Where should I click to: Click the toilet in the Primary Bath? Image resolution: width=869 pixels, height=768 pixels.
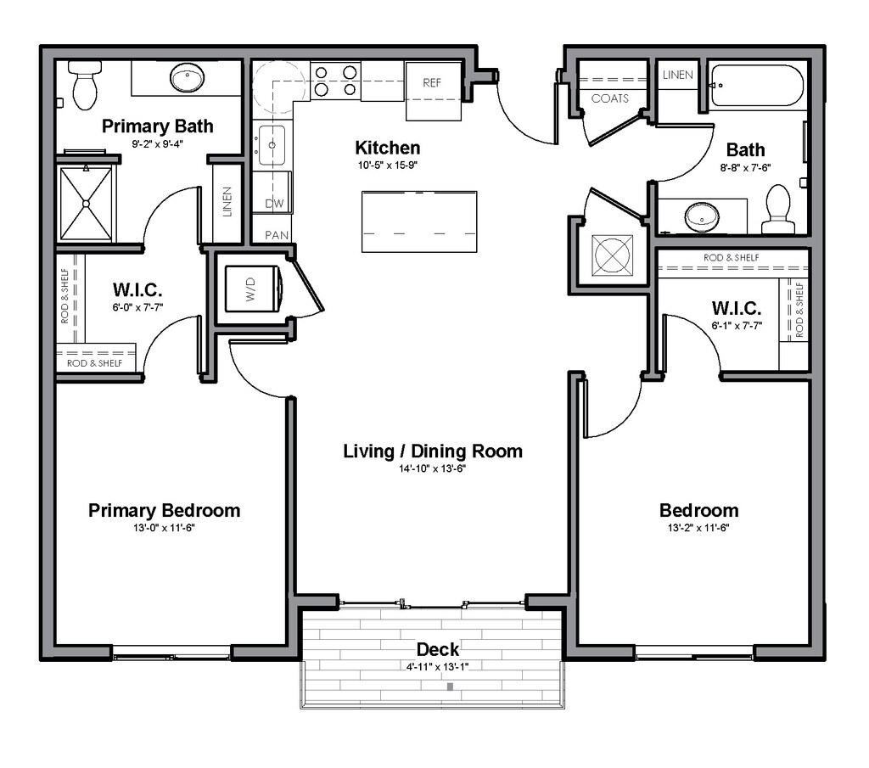[x=85, y=85]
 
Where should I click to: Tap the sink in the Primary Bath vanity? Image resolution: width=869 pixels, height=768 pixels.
[x=187, y=78]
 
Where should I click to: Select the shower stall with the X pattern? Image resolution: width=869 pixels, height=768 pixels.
[x=86, y=204]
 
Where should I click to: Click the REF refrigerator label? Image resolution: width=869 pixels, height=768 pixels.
[x=432, y=82]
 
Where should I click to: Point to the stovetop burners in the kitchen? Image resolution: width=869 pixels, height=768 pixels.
[x=335, y=81]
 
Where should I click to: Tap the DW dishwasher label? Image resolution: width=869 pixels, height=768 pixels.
[x=274, y=204]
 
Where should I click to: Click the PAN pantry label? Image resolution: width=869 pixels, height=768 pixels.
[x=277, y=235]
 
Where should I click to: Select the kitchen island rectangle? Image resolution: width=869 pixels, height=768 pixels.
[x=419, y=221]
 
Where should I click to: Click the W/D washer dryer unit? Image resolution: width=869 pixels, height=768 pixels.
[x=253, y=289]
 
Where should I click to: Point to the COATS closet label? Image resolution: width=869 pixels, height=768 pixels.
[x=609, y=98]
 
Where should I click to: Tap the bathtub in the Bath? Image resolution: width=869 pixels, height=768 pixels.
[x=757, y=86]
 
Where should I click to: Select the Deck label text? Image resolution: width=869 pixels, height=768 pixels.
[x=437, y=649]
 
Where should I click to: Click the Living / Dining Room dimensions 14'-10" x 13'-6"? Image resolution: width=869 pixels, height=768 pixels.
[x=432, y=468]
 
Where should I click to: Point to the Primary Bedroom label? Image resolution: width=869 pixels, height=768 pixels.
[x=164, y=510]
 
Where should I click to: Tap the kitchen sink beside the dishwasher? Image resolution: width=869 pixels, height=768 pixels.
[x=272, y=145]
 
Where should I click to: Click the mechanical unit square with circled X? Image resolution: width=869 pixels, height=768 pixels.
[x=612, y=255]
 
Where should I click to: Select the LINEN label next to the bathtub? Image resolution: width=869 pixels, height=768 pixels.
[x=677, y=74]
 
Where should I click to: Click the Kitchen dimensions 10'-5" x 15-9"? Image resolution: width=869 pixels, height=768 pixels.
[x=387, y=165]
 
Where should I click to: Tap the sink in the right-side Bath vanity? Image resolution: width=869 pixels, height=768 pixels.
[x=702, y=216]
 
